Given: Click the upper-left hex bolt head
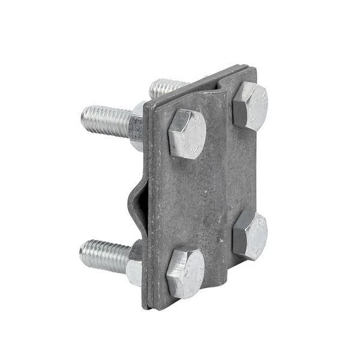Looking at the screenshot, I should click(187, 134).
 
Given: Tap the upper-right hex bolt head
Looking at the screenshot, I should click(250, 106).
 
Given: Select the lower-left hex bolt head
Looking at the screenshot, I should click(185, 273).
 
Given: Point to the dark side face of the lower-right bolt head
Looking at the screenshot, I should click(238, 239).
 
